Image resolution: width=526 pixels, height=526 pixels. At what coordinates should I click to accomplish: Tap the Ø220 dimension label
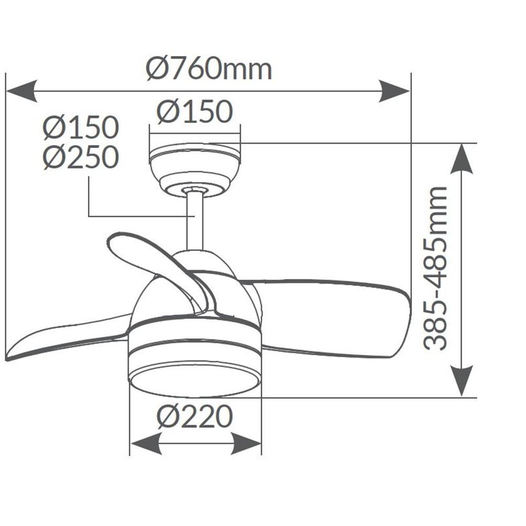[x=195, y=416]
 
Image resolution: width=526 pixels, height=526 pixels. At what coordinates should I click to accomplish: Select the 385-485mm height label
[x=435, y=268]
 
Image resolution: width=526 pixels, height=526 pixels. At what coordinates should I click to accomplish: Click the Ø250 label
[x=81, y=157]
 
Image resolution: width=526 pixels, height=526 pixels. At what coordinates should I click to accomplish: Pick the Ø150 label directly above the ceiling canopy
[x=195, y=111]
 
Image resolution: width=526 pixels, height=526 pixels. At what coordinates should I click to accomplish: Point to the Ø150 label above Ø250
[x=81, y=128]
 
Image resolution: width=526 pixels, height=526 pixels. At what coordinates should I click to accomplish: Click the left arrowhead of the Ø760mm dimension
[x=21, y=91]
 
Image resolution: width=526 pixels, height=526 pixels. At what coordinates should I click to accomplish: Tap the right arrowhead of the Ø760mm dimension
[x=394, y=91]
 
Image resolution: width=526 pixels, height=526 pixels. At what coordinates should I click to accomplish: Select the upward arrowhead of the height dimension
[x=462, y=159]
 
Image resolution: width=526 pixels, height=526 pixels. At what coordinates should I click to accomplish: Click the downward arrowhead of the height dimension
[x=462, y=380]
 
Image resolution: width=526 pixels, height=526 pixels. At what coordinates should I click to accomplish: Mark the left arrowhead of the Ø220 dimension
[x=146, y=444]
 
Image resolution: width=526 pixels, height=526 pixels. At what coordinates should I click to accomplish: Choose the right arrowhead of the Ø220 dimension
[x=246, y=444]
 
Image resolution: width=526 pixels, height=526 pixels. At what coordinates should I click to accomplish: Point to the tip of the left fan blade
[x=7, y=359]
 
